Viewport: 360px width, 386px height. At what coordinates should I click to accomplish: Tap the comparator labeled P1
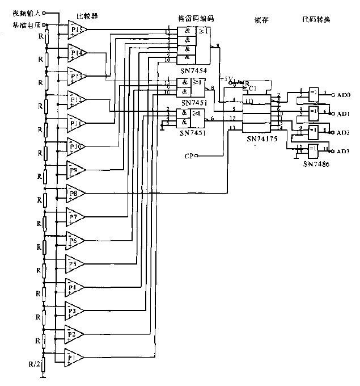click(74, 357)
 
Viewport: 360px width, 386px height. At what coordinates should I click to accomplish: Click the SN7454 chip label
click(192, 70)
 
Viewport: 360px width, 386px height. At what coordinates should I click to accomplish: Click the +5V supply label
click(226, 80)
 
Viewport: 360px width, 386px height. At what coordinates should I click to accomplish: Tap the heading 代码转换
click(316, 19)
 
